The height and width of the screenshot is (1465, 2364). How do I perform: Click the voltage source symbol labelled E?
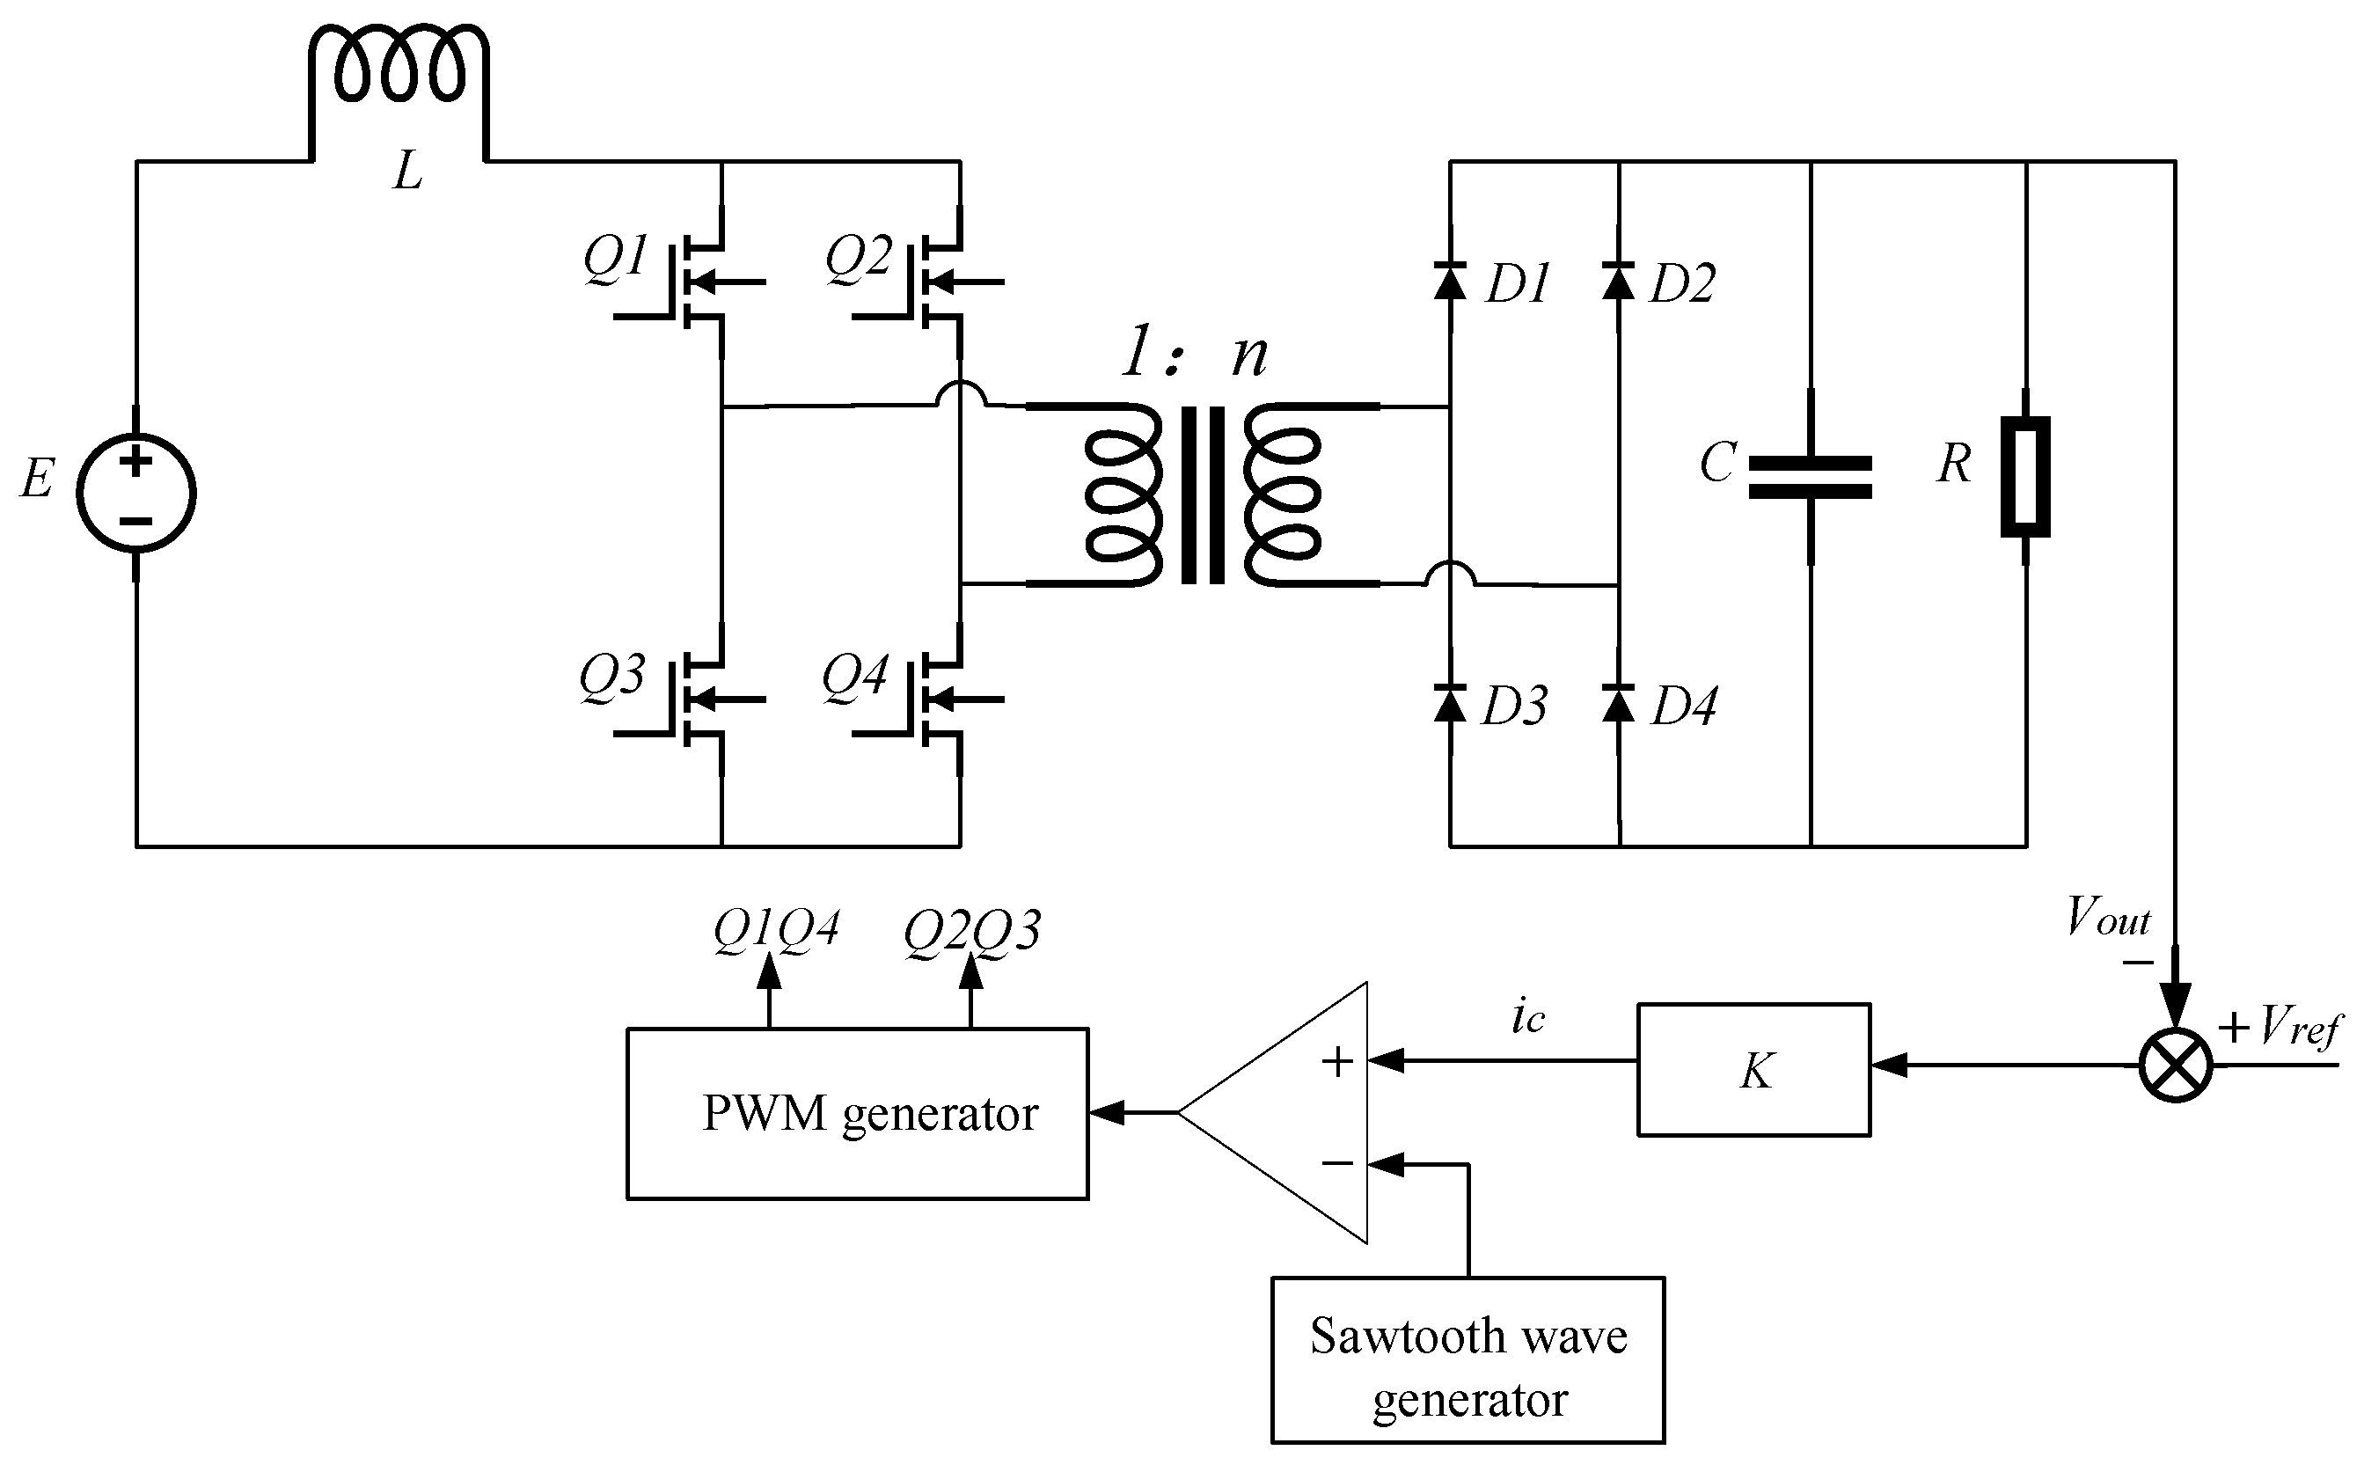click(135, 492)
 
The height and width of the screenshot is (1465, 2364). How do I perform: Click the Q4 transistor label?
click(854, 676)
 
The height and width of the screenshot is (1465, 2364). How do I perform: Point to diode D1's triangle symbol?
click(1449, 280)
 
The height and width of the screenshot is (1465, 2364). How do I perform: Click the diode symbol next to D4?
click(1618, 703)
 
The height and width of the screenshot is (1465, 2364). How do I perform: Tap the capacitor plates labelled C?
click(1810, 478)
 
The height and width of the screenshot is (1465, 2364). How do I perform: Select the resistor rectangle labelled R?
click(2025, 477)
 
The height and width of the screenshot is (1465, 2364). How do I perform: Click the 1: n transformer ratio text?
click(1194, 354)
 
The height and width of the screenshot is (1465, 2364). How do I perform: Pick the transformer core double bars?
click(1203, 494)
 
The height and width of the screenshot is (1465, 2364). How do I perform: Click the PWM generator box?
click(858, 1113)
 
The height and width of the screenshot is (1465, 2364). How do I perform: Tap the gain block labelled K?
click(1753, 1070)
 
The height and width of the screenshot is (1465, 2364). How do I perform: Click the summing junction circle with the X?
click(2175, 1066)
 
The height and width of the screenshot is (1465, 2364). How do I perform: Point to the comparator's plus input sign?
click(1337, 1062)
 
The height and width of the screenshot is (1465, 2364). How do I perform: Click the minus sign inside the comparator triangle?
click(1337, 1162)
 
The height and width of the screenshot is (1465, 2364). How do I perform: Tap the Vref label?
click(2298, 1027)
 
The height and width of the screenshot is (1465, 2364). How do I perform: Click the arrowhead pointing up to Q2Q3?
click(970, 971)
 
